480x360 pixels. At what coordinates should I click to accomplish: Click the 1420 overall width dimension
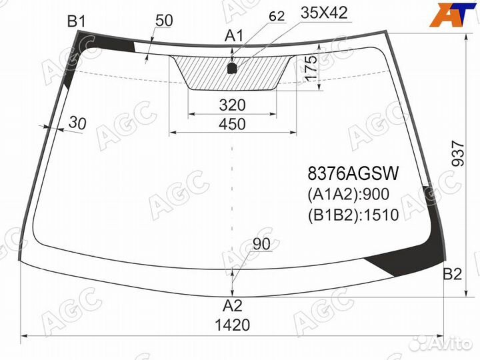232,325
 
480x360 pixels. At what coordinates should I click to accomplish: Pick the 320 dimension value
232,105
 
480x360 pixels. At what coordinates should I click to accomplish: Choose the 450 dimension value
232,124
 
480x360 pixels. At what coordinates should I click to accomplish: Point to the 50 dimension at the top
164,21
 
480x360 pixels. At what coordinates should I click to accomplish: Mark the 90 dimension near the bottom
262,245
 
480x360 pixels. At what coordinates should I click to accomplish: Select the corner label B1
77,22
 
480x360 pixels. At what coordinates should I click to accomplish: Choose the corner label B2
453,274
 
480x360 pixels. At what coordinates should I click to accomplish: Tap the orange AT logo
451,16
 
